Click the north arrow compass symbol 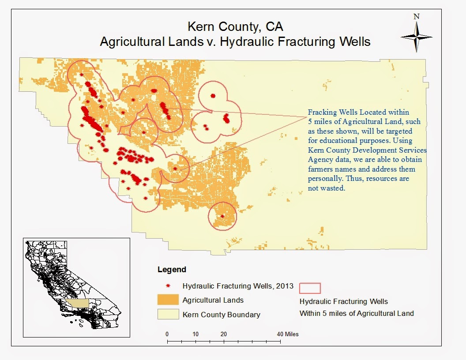click(x=416, y=36)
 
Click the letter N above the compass click(x=416, y=17)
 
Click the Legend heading click(x=172, y=270)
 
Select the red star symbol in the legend click(x=167, y=285)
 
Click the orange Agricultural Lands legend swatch click(x=167, y=300)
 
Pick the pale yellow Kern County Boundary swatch click(x=167, y=315)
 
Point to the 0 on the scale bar click(x=167, y=334)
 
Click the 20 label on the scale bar click(x=224, y=334)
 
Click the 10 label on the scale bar click(x=195, y=334)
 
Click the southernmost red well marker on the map click(x=222, y=216)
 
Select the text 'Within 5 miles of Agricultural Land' click(x=357, y=314)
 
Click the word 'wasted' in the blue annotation click(x=334, y=188)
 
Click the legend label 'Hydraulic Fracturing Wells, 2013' click(x=235, y=285)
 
